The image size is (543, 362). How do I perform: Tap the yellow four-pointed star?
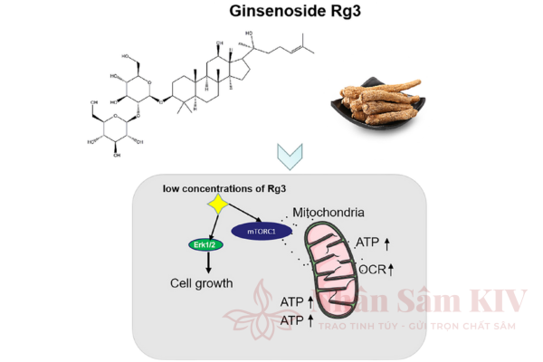[x=217, y=204]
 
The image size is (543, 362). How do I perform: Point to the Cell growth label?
[x=202, y=283]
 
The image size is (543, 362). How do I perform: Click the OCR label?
[x=373, y=271]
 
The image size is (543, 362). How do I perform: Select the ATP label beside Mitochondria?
[x=368, y=242]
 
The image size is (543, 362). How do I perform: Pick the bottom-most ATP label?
[x=292, y=320]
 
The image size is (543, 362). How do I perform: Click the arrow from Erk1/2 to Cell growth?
[x=207, y=262]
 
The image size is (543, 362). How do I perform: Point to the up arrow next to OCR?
[x=392, y=270]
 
